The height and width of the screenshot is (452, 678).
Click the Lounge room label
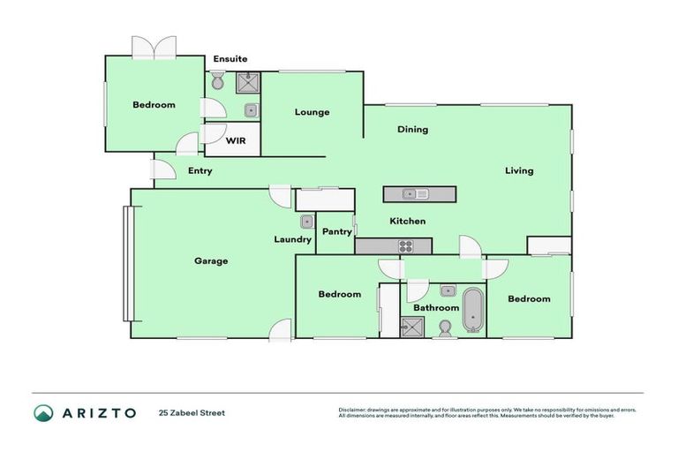click(312, 112)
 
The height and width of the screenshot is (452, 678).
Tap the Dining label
click(412, 130)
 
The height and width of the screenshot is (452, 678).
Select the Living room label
click(519, 171)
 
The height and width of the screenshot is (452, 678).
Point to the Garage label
click(211, 261)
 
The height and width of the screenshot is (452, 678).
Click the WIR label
click(236, 141)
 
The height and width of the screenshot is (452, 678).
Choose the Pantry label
click(336, 232)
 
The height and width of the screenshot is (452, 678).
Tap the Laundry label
click(292, 239)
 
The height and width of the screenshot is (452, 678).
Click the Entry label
click(200, 171)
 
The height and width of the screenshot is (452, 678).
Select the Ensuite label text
click(230, 59)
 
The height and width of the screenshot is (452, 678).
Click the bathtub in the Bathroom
click(473, 309)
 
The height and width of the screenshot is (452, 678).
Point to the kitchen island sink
click(411, 194)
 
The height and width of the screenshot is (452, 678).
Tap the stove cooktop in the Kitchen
click(406, 247)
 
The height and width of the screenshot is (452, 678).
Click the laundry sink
click(306, 222)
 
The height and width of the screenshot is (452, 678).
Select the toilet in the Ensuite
click(218, 82)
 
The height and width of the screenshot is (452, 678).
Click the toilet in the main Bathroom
click(444, 328)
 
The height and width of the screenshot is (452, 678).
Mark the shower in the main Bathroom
click(412, 327)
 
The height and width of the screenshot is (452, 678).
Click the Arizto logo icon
click(43, 412)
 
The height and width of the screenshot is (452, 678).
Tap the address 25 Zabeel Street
click(192, 412)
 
